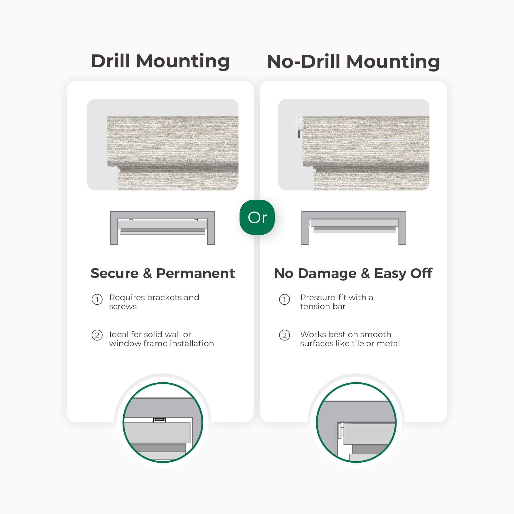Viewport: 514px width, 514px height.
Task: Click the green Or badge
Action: click(x=257, y=217)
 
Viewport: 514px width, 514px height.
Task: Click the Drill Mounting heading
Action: click(x=160, y=61)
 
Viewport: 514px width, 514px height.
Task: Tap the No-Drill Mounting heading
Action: click(x=353, y=62)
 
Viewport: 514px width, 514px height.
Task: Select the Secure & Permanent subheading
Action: click(x=163, y=273)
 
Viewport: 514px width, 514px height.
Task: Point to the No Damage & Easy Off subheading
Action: click(x=353, y=273)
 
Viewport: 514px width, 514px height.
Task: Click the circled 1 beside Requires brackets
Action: click(x=97, y=300)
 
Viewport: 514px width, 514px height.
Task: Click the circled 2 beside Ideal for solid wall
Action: click(x=97, y=335)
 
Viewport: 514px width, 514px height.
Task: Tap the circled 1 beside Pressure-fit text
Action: click(x=284, y=300)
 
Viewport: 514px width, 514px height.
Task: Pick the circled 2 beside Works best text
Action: click(x=284, y=335)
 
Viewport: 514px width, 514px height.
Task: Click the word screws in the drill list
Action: click(x=123, y=307)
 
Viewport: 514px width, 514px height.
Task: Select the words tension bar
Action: click(x=323, y=307)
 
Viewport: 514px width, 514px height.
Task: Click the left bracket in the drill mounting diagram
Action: click(x=130, y=219)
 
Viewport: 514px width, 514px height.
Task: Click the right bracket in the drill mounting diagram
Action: click(x=195, y=219)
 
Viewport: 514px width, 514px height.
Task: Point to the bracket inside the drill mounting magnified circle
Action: click(x=160, y=420)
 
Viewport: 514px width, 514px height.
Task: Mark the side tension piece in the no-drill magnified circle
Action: click(x=341, y=431)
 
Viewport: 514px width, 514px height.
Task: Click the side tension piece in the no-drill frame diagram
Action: click(x=310, y=222)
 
